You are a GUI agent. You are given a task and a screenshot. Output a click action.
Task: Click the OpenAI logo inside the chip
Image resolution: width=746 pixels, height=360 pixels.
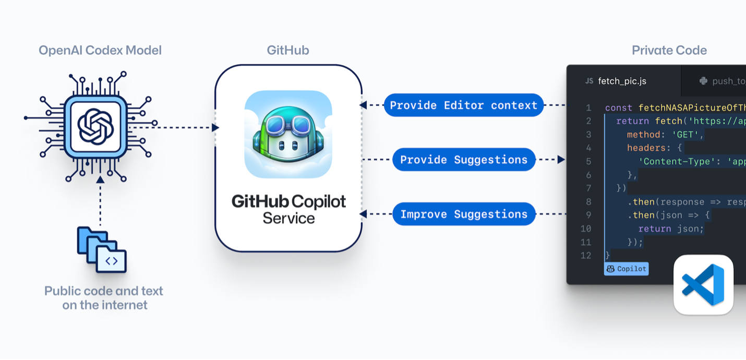click(95, 127)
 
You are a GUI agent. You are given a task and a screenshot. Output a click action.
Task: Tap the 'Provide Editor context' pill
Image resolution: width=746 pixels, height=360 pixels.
click(464, 105)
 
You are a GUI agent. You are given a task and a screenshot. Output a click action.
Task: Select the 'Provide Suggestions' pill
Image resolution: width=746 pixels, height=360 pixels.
click(464, 160)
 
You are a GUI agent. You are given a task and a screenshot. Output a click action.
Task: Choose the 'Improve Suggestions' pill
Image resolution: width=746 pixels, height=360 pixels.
click(464, 214)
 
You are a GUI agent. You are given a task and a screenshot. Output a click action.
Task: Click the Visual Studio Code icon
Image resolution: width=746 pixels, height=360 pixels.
click(703, 285)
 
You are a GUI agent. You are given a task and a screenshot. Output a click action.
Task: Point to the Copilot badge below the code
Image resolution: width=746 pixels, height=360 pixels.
click(626, 269)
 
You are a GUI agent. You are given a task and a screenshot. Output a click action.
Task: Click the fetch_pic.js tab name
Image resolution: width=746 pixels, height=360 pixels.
click(622, 81)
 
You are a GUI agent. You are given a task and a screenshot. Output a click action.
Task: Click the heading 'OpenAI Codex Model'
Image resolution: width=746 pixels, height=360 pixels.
click(100, 50)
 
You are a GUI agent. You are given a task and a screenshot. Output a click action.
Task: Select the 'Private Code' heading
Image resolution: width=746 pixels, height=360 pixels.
click(669, 50)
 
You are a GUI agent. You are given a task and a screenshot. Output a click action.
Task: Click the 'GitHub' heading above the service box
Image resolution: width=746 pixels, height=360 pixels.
click(288, 50)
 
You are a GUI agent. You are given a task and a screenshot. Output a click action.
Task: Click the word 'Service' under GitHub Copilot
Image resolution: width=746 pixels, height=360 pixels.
click(288, 219)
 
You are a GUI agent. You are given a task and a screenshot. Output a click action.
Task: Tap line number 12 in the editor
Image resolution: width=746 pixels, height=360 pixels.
click(586, 256)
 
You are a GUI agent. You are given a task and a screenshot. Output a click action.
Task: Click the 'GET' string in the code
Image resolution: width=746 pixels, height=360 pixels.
click(685, 135)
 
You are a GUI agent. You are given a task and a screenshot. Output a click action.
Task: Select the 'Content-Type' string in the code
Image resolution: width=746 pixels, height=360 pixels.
click(677, 162)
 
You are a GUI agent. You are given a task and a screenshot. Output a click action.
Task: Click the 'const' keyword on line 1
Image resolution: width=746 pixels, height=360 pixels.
click(618, 107)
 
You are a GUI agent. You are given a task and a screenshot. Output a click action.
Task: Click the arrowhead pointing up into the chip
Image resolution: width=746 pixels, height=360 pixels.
click(100, 180)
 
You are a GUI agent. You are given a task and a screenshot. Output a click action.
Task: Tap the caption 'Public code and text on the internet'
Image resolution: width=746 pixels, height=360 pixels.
click(104, 298)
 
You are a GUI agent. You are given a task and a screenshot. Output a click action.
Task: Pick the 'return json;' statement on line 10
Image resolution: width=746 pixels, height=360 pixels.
click(671, 229)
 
